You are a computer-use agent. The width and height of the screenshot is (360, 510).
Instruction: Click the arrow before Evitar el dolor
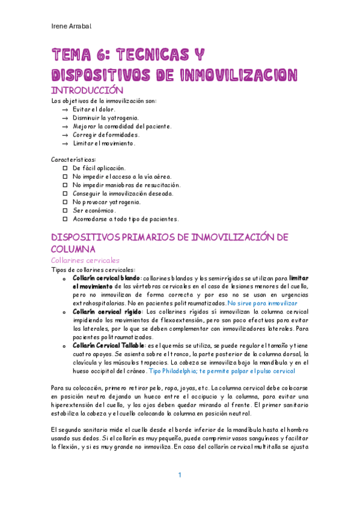[x=65, y=109]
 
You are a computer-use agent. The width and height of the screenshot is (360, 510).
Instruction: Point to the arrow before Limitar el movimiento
[x=65, y=144]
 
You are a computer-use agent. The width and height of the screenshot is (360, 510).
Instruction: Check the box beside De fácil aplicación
[x=66, y=168]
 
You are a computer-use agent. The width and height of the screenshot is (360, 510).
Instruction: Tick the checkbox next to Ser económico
[x=66, y=210]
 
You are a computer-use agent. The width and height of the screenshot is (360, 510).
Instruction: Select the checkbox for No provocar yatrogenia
[x=66, y=202]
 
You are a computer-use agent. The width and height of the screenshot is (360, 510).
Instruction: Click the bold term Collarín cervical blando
[x=105, y=278]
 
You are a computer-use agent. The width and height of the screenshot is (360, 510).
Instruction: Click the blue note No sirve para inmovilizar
[x=263, y=304]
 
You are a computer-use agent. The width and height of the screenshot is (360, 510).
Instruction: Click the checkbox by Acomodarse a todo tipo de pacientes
[x=66, y=219]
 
